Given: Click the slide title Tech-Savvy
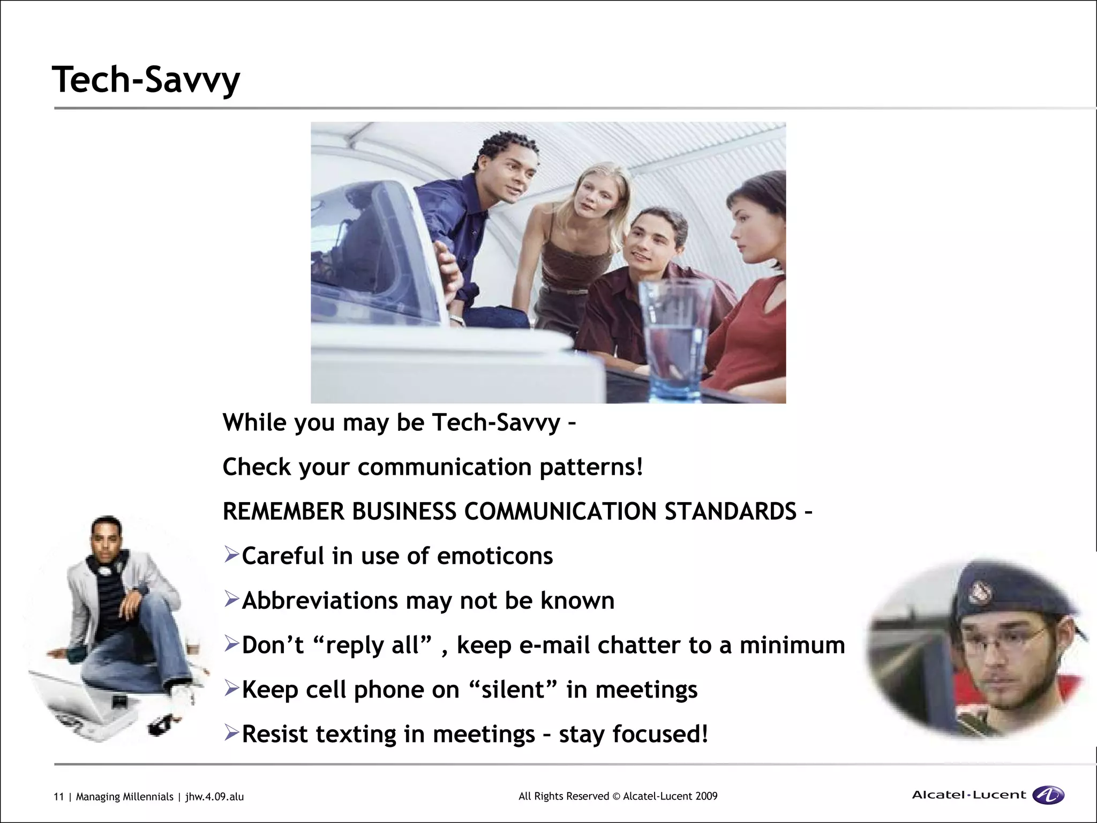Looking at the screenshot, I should [146, 80].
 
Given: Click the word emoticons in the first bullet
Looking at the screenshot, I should [495, 556].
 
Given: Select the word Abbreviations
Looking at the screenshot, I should [320, 601].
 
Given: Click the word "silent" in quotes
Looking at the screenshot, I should [516, 690].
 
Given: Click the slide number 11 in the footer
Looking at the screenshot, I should [58, 797].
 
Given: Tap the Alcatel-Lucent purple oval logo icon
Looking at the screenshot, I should [1048, 795].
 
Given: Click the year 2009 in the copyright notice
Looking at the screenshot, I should [706, 796].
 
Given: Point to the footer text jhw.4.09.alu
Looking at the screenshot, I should [214, 797].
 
